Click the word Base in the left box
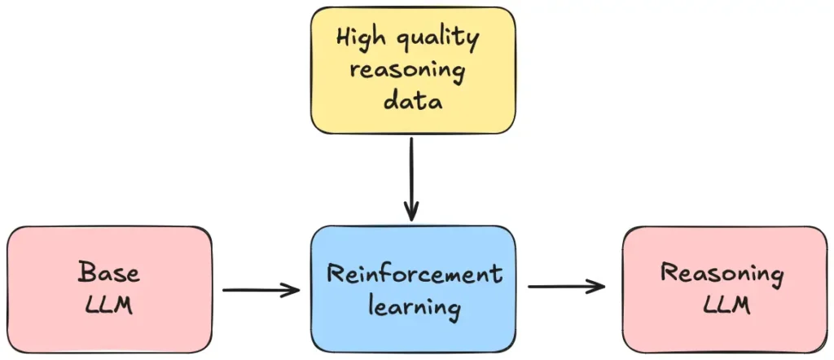pyautogui.click(x=108, y=272)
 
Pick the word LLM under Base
pyautogui.click(x=108, y=306)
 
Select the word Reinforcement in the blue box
pyautogui.click(x=414, y=274)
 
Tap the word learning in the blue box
pyautogui.click(x=414, y=309)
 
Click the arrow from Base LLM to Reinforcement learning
pyautogui.click(x=261, y=289)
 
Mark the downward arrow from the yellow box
pyautogui.click(x=412, y=175)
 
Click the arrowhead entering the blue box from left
pyautogui.click(x=293, y=289)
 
